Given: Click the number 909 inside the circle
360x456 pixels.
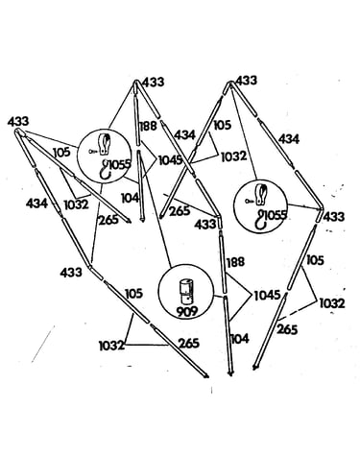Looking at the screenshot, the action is [187, 311].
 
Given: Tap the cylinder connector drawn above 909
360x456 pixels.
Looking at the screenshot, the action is [185, 292].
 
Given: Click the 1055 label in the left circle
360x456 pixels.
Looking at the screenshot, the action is [120, 164].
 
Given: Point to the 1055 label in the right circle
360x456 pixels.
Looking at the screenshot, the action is [276, 215].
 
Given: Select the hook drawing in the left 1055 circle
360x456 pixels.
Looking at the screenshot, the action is [105, 170].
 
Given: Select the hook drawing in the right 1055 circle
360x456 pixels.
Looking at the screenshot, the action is [260, 220].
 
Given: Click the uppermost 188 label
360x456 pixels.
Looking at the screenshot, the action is [148, 126].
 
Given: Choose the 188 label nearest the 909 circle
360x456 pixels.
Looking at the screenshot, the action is [235, 262].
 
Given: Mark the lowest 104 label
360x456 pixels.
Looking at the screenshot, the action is [239, 338].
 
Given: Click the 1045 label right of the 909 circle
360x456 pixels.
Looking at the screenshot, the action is [267, 295].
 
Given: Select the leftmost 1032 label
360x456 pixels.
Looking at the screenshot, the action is [76, 204].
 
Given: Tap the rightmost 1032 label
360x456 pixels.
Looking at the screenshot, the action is [332, 303].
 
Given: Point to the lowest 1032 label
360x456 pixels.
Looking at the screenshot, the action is [111, 346].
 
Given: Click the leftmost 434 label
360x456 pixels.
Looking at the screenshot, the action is [36, 204].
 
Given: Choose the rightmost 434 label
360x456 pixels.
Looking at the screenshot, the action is [289, 139].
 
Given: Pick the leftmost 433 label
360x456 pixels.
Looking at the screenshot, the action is [18, 122].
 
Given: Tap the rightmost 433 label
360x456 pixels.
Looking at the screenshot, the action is [334, 217].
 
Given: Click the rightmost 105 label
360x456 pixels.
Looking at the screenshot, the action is [315, 260].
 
